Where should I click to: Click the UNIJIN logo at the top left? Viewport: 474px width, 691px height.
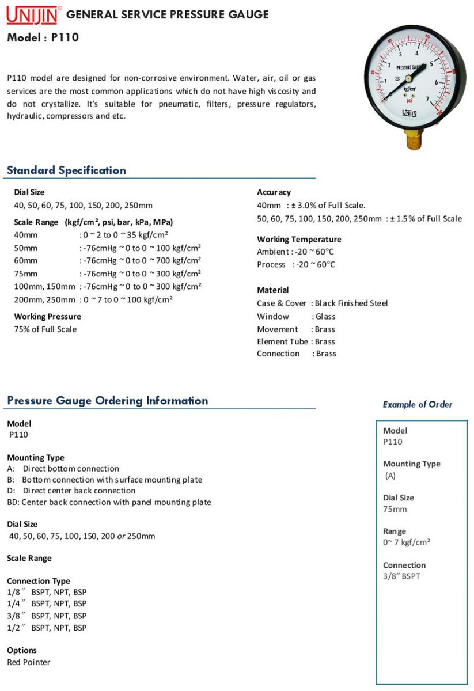32,15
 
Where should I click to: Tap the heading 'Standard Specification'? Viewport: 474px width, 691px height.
66,170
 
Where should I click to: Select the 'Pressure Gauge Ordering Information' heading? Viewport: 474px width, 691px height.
108,401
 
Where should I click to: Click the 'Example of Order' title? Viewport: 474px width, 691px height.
418,404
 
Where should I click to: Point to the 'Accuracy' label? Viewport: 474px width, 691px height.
274,192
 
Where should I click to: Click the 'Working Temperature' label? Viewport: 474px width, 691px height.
299,240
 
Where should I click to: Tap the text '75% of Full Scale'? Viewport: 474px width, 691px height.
45,329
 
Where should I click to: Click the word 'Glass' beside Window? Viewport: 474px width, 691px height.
325,317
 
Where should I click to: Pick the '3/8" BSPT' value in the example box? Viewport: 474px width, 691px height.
401,576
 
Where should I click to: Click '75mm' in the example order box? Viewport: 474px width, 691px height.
395,509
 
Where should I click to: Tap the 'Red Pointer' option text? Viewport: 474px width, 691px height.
28,662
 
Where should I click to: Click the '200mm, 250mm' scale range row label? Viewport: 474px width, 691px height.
44,300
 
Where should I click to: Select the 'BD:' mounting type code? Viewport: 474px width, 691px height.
13,502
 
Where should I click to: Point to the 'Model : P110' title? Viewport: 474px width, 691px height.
43,38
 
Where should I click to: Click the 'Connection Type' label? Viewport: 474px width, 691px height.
39,581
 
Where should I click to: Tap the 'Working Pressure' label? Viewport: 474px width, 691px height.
47,317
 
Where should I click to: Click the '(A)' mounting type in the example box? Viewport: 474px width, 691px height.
390,476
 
